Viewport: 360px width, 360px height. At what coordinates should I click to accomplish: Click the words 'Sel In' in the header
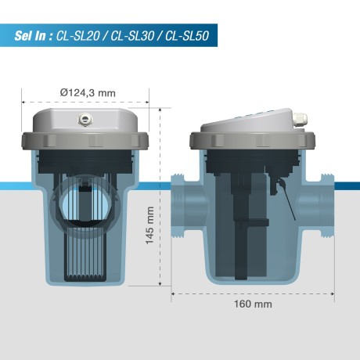[32, 36]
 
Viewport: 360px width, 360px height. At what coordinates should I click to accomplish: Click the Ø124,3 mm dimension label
[87, 93]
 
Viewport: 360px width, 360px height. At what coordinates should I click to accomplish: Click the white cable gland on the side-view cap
[298, 119]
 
